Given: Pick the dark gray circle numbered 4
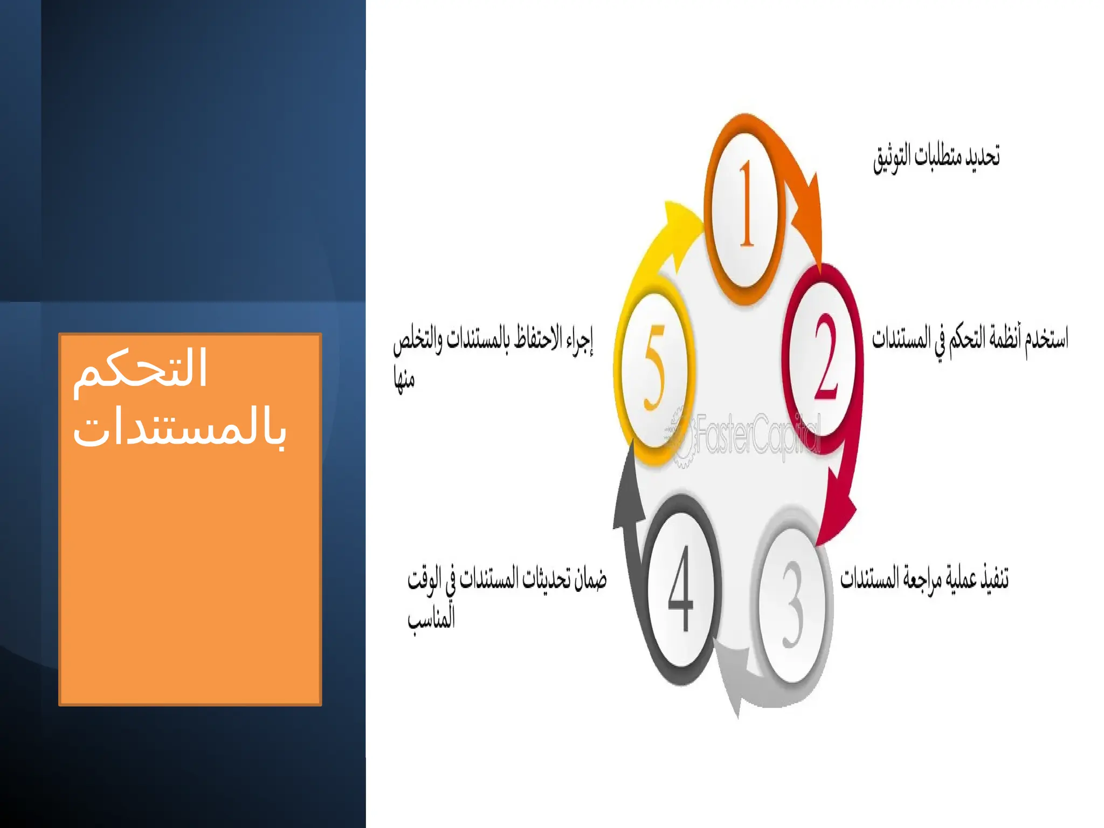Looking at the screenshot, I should point(682,590).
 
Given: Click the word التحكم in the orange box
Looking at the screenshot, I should point(140,369).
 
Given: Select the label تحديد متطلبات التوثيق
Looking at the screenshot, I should point(936,157).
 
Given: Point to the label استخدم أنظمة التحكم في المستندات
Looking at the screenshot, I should point(970,339).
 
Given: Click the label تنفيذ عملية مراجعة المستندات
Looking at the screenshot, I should point(924,578).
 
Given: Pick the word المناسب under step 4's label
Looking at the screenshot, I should point(431,618).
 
